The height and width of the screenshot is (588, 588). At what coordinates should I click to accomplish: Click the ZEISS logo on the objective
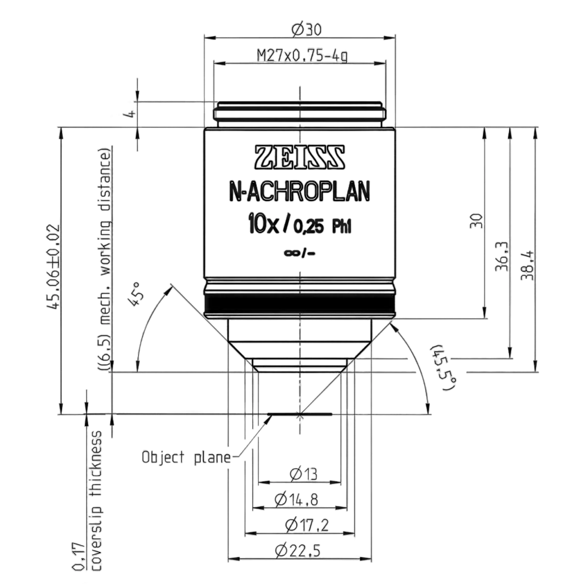click(x=300, y=157)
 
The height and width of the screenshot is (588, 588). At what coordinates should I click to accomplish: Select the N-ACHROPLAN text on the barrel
click(x=300, y=192)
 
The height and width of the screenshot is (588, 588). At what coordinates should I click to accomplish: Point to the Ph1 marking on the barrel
click(x=342, y=227)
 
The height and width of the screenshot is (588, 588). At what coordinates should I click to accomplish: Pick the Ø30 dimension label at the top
click(x=306, y=30)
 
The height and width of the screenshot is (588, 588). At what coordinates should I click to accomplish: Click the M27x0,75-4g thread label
click(x=302, y=56)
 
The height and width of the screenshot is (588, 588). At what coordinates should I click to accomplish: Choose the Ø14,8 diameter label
click(x=296, y=499)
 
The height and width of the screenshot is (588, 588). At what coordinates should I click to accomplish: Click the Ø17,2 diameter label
click(x=307, y=525)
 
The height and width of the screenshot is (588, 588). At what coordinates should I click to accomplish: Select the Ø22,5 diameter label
click(x=297, y=551)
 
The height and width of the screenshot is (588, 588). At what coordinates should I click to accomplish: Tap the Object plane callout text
click(x=186, y=458)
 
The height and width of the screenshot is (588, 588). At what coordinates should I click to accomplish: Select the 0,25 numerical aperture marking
click(x=308, y=227)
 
